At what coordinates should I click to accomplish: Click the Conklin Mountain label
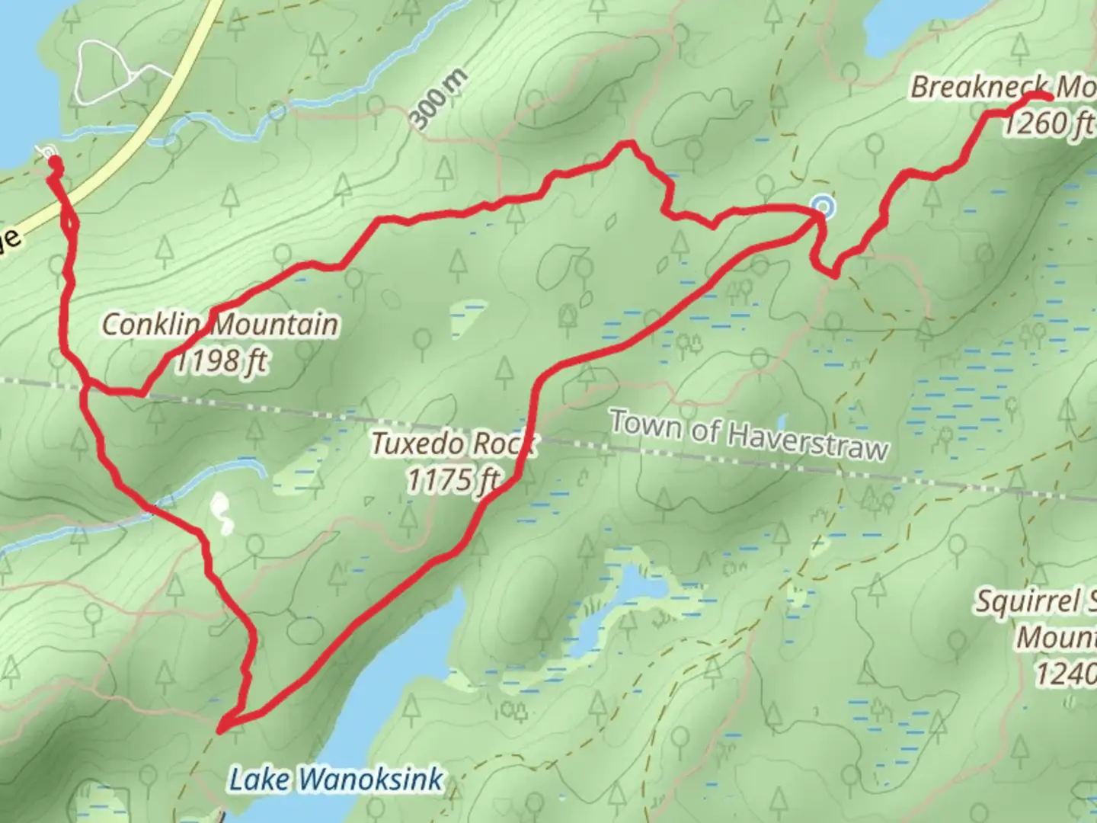pos(220,325)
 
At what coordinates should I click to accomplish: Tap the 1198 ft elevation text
pos(222,360)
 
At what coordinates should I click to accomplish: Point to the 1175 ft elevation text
pos(453,480)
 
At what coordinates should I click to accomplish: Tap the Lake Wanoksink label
pos(336,780)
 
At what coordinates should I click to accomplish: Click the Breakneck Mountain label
pos(1002,88)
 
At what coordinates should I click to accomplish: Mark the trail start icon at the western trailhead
pos(50,155)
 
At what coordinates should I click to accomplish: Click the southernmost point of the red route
pos(222,730)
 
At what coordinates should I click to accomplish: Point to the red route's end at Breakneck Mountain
pos(1050,97)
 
